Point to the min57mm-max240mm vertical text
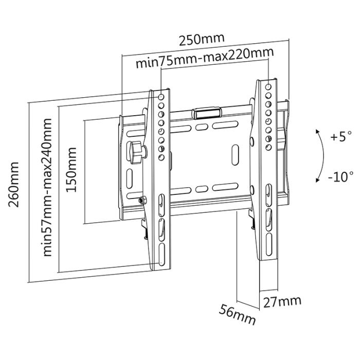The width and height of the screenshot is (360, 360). point(47,187)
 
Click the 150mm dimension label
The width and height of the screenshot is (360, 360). point(71,170)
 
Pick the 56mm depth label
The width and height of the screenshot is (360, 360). point(237,314)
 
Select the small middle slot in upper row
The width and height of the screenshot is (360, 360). point(201,127)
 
